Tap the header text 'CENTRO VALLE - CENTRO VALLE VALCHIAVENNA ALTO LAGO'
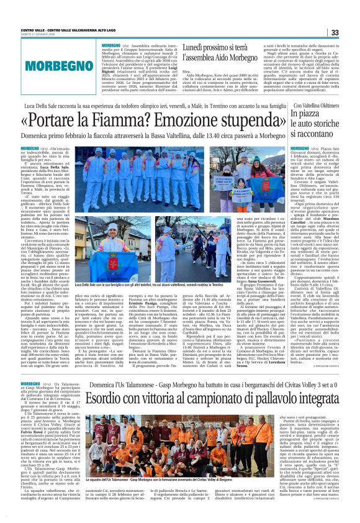pyautogui.click(x=68, y=30)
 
